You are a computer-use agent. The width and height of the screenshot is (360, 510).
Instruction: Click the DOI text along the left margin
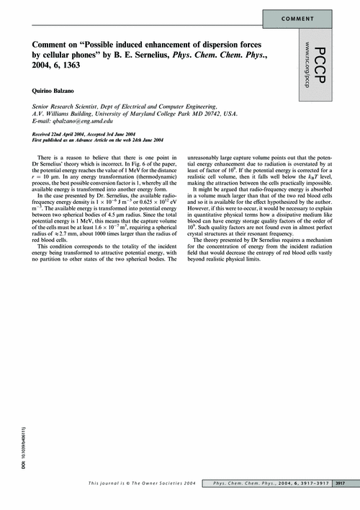(x=13, y=451)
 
